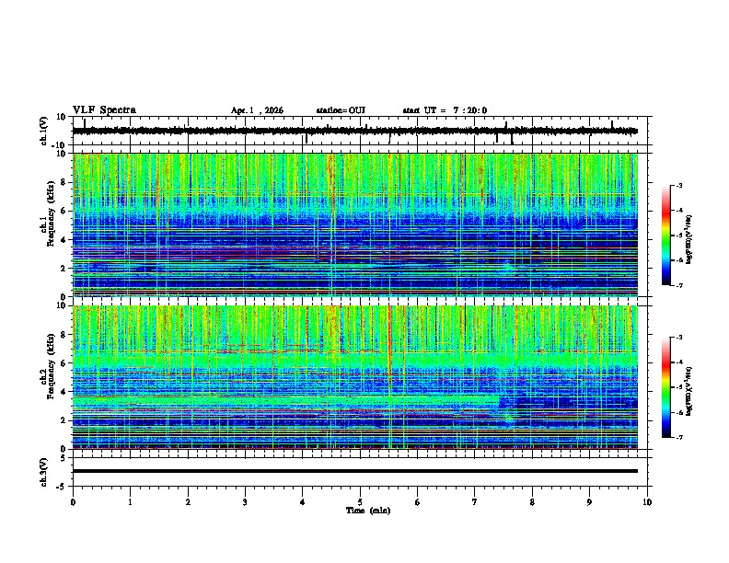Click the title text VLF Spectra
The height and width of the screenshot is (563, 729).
pyautogui.click(x=104, y=110)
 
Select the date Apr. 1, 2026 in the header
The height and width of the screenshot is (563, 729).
pyautogui.click(x=257, y=110)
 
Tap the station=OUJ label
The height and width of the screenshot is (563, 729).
pyautogui.click(x=341, y=110)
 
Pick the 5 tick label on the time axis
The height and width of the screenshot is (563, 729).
pyautogui.click(x=360, y=501)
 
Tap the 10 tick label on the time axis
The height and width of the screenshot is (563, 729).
pyautogui.click(x=647, y=501)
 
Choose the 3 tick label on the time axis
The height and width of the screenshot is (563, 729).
pyautogui.click(x=245, y=501)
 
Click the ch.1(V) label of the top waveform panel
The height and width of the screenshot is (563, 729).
pyautogui.click(x=44, y=131)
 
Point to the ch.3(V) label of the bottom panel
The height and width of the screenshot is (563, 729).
pyautogui.click(x=44, y=470)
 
